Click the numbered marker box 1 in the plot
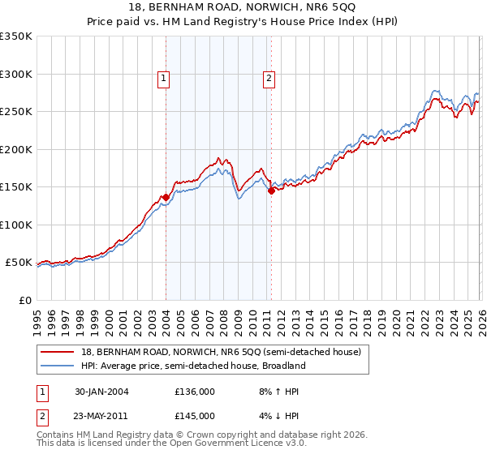(x=164, y=79)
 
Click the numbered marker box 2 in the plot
(x=269, y=79)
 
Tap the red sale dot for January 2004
(x=166, y=197)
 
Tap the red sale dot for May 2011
(x=271, y=191)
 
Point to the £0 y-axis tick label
(x=24, y=300)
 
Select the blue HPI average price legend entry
(x=193, y=366)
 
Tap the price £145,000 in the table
(x=195, y=416)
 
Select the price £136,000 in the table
(x=195, y=392)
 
